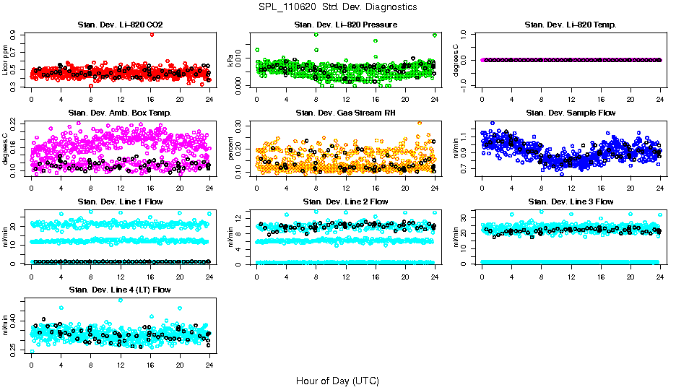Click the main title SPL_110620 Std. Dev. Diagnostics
coord(337,6)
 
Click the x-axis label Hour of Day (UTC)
coord(337,380)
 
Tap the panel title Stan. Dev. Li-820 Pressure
coord(345,25)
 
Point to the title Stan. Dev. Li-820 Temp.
coord(571,25)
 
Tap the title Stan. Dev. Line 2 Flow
coord(345,201)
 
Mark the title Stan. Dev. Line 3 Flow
coord(571,201)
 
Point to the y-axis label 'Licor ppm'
coord(6,59)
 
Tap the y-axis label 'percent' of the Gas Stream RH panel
coord(231,148)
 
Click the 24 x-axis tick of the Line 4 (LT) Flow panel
coord(209,364)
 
